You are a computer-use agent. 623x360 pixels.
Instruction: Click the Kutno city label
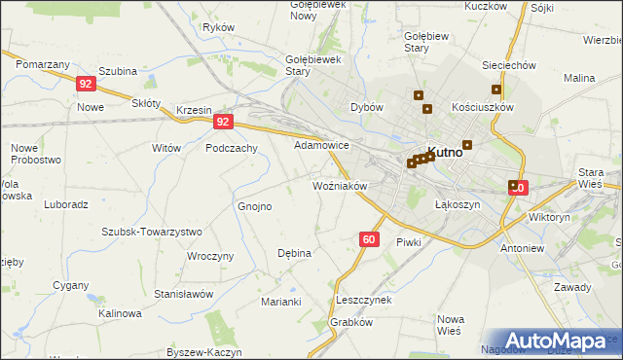click(446, 153)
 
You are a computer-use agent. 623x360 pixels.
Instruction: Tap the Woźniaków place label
click(339, 185)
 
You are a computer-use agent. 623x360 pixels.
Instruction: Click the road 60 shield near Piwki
click(368, 238)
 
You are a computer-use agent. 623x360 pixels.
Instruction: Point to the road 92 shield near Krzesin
click(224, 122)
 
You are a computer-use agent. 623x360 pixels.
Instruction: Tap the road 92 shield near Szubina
click(86, 85)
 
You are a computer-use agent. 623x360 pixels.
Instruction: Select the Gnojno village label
click(255, 206)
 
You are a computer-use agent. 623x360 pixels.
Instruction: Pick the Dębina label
click(294, 253)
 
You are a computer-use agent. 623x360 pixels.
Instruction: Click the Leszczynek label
click(363, 300)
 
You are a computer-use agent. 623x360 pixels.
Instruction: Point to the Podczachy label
click(232, 148)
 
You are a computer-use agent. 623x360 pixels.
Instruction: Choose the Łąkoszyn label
click(458, 205)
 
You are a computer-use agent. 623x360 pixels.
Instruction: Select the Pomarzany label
click(42, 63)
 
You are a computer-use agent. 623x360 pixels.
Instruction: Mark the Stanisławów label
click(184, 293)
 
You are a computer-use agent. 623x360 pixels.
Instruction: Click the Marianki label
click(280, 302)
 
